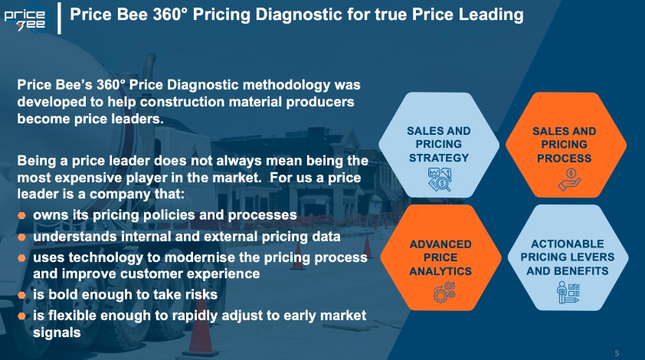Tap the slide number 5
pos(617,353)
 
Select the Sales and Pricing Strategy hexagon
pos(439,146)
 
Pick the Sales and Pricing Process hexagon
pos(566,146)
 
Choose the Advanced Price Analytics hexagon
pos(440,257)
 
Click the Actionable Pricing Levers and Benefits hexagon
pos(568,257)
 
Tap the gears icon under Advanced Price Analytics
pos(444,292)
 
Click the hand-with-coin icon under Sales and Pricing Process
pos(569,179)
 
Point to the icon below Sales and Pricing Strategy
pos(440,179)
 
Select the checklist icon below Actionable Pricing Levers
pos(568,292)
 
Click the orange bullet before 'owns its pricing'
pos(21,215)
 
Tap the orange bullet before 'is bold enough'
pos(21,295)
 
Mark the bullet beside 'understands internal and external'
pos(21,237)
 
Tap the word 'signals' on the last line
pos(57,332)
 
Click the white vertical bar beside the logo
pos(59,18)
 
